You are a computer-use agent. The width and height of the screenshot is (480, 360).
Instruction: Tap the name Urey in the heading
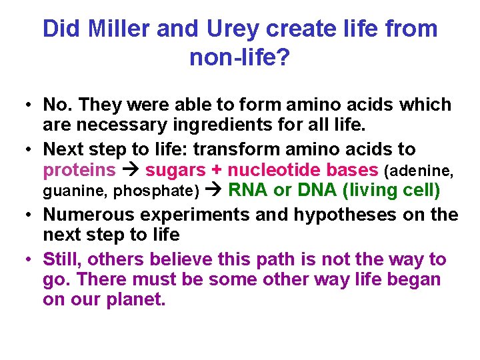(229, 29)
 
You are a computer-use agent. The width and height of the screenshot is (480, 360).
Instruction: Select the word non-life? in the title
(239, 58)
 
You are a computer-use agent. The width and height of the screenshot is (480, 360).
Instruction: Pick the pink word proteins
(79, 169)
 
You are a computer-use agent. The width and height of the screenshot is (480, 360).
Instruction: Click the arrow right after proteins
(130, 169)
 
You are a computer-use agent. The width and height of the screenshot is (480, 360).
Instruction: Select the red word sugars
(175, 169)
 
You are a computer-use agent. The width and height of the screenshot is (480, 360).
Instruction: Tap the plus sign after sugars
(217, 169)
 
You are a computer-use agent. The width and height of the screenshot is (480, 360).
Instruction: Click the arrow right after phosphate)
(213, 191)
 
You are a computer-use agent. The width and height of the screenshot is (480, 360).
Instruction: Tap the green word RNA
(248, 190)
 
